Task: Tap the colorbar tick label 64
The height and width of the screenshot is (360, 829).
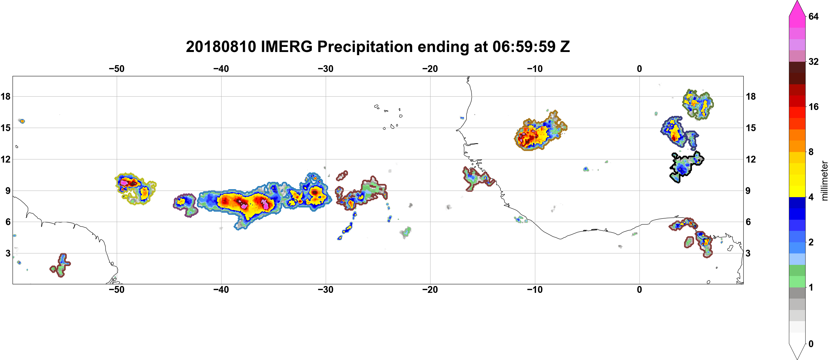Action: coord(814,16)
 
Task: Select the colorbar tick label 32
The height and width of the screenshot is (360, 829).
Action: coord(814,61)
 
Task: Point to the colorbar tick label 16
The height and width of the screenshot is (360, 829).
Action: coord(814,107)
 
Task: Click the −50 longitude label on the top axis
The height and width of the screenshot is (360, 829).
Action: coord(116,69)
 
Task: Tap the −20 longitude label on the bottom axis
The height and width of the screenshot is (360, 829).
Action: coord(430,290)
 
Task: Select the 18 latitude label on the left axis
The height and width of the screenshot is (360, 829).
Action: coord(5,96)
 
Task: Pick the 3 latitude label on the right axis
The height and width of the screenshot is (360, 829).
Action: coord(748,253)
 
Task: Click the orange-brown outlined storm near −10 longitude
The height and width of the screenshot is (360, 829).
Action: coord(540,132)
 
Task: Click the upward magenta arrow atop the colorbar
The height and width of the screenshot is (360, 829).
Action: coord(797,8)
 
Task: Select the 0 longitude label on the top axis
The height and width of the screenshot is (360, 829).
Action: coord(639,69)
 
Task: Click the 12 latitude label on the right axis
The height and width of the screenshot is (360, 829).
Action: coord(750,159)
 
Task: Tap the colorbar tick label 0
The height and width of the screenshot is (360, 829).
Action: coord(811,344)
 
